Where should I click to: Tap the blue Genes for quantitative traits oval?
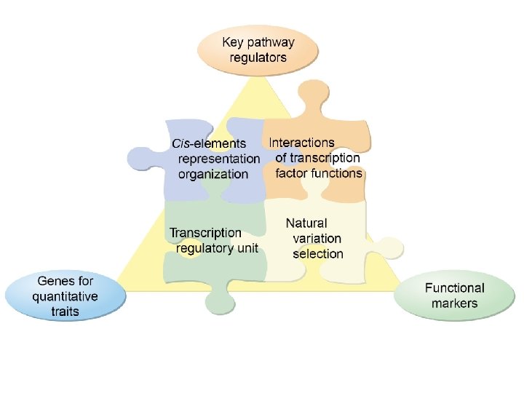(65, 296)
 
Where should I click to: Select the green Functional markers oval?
(454, 295)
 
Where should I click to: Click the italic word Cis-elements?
(208, 143)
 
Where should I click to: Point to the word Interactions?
(301, 143)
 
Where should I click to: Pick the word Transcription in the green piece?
(205, 233)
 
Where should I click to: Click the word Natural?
(306, 223)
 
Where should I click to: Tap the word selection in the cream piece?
(318, 254)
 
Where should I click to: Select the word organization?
(213, 174)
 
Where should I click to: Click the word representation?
(219, 159)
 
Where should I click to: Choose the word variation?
(317, 239)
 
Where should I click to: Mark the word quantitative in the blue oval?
(65, 296)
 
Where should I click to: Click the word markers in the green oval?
(454, 303)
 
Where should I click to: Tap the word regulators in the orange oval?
(258, 57)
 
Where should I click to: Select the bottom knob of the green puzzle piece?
(218, 298)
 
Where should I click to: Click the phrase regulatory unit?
(217, 248)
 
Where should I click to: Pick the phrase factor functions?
(319, 173)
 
